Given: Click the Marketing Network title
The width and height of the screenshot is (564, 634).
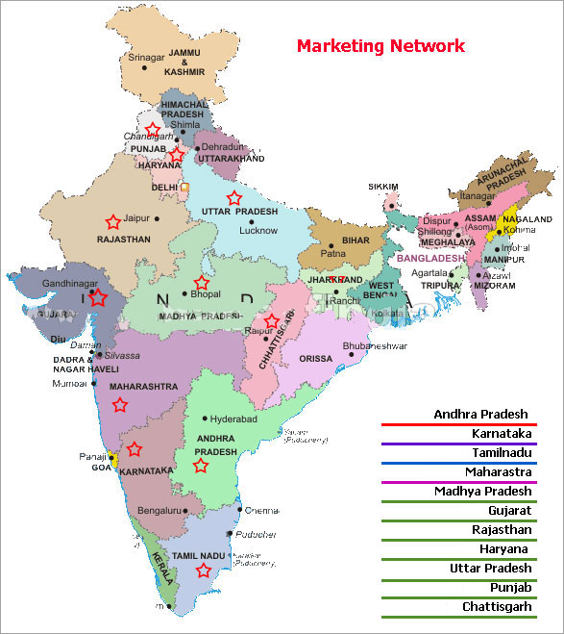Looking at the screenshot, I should point(380,45).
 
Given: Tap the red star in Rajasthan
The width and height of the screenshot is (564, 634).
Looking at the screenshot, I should point(112,221).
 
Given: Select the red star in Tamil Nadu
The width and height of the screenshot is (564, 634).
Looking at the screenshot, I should point(203,571).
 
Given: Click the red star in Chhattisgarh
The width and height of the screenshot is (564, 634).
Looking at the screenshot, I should point(271,320).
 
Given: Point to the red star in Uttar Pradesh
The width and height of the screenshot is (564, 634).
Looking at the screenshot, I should point(233,198).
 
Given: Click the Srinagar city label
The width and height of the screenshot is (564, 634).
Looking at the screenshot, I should point(146,58).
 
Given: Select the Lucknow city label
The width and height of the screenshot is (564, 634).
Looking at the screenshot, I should point(258,230).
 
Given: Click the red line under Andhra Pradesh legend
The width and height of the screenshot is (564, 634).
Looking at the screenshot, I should point(458,424).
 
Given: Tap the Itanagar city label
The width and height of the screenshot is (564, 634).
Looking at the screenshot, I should point(477,195).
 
